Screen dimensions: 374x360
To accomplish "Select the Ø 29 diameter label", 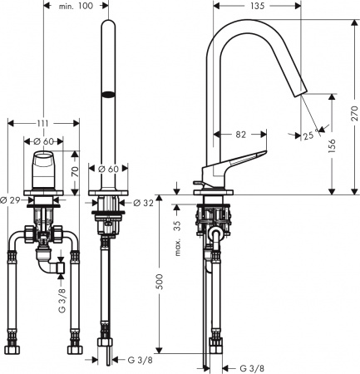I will click(10, 201).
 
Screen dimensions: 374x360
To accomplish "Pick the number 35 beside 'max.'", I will click(177, 229).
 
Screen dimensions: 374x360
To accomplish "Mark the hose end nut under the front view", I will click(106, 344).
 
